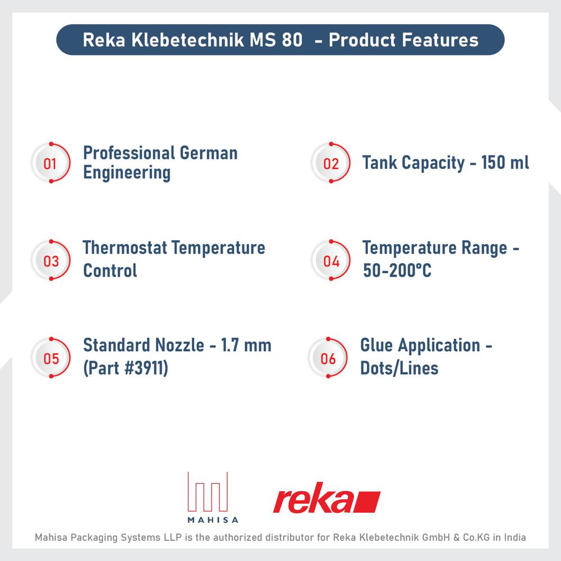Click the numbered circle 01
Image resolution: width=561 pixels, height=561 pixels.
pyautogui.click(x=50, y=164)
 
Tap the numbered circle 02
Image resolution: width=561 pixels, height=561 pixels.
pyautogui.click(x=331, y=164)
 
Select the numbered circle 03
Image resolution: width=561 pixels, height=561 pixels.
pyautogui.click(x=51, y=261)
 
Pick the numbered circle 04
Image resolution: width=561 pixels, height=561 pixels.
pyautogui.click(x=331, y=261)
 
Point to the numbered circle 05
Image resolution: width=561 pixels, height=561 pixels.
pyautogui.click(x=51, y=358)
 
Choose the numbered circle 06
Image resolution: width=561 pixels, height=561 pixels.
pyautogui.click(x=328, y=358)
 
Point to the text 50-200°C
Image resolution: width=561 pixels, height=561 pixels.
pyautogui.click(x=397, y=270)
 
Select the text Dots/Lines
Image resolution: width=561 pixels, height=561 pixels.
pyautogui.click(x=399, y=368)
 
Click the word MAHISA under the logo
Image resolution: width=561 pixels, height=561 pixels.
pyautogui.click(x=208, y=519)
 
